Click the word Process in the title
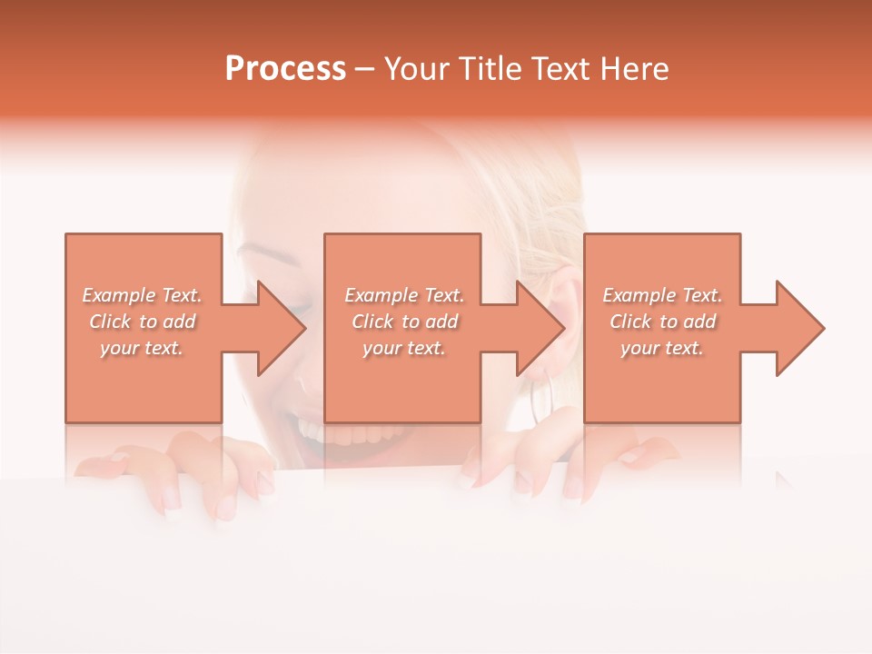pyautogui.click(x=285, y=69)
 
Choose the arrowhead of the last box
pyautogui.click(x=798, y=328)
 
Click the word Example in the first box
pyautogui.click(x=118, y=295)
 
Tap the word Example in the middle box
pyautogui.click(x=381, y=295)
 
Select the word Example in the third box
pyautogui.click(x=639, y=295)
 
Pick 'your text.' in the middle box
pyautogui.click(x=403, y=348)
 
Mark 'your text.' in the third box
pyautogui.click(x=661, y=348)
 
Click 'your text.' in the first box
pyautogui.click(x=142, y=348)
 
